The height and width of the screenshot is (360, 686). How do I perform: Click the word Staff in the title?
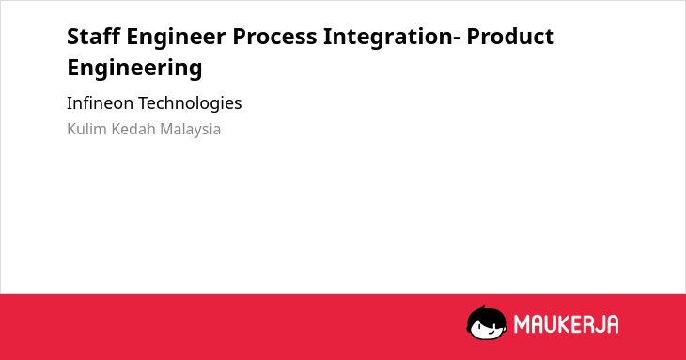(x=94, y=36)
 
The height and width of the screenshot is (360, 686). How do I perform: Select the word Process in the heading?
(x=274, y=37)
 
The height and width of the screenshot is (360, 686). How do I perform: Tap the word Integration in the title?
(x=388, y=38)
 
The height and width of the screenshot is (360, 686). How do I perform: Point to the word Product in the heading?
(x=510, y=36)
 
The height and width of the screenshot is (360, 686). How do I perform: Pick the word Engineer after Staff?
(x=177, y=38)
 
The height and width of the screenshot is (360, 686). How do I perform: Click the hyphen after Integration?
(x=457, y=38)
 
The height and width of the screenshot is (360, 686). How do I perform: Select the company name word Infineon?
(x=100, y=103)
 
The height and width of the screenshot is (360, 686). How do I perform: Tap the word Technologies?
(x=190, y=104)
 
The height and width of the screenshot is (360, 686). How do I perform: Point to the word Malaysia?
(x=190, y=130)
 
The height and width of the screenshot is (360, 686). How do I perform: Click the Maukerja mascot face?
(x=487, y=323)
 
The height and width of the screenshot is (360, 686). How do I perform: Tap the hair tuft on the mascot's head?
(x=483, y=307)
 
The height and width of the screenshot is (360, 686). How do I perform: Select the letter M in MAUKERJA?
(x=522, y=324)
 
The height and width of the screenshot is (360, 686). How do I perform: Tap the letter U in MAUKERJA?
(x=554, y=324)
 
